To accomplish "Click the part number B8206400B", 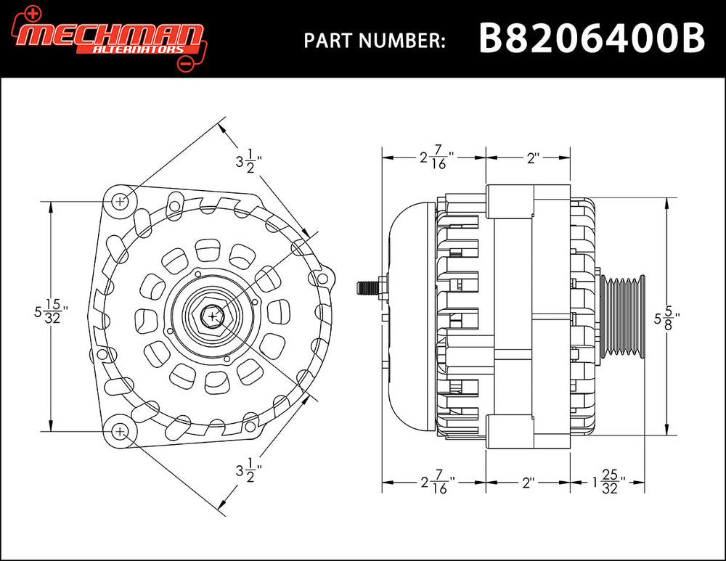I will point(592,38).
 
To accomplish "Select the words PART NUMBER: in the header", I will point(374,41).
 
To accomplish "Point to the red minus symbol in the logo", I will point(184,65).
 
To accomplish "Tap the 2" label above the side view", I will point(535,157).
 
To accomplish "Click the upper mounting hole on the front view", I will point(121,200).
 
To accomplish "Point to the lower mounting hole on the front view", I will point(121,431).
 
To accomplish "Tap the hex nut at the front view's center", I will point(212,316).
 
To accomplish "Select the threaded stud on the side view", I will point(368,287).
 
